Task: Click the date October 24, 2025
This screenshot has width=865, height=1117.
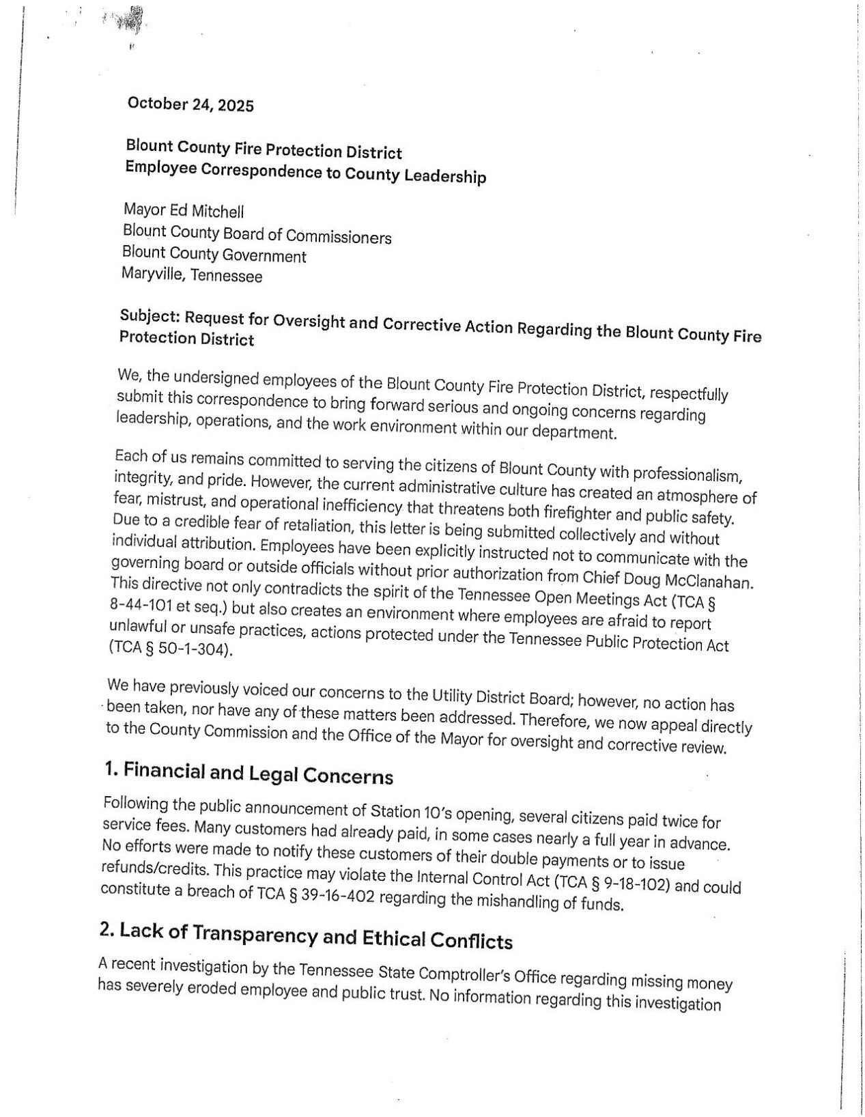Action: coord(190,105)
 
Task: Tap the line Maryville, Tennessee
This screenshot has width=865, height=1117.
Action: coord(192,276)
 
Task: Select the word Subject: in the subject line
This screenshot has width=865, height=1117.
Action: coord(149,317)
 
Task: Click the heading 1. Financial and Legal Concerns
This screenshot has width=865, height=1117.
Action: coord(249,774)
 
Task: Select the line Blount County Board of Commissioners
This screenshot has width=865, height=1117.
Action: coord(257,234)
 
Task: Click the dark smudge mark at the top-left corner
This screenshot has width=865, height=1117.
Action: coord(129,21)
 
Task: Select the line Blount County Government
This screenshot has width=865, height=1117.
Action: coord(214,255)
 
